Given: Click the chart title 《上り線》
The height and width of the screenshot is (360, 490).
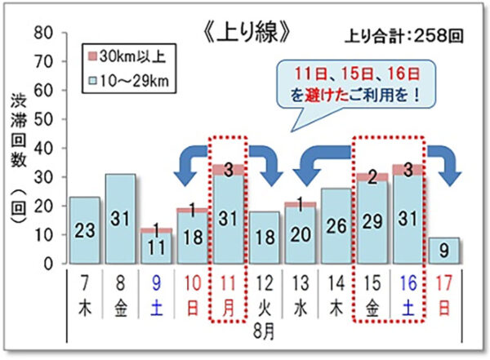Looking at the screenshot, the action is pyautogui.click(x=247, y=32).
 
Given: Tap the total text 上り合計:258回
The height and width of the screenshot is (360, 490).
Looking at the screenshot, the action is pyautogui.click(x=404, y=36).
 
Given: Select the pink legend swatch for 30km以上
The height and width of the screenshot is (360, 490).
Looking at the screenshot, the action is pyautogui.click(x=93, y=56).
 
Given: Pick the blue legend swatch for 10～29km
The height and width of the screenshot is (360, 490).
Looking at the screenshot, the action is pyautogui.click(x=93, y=81).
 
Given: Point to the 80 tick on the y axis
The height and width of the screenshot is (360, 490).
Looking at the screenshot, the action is pyautogui.click(x=43, y=33).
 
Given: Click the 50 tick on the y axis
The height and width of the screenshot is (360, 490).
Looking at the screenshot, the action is pyautogui.click(x=43, y=119).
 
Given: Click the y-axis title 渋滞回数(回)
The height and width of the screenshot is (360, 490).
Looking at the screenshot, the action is pyautogui.click(x=19, y=158).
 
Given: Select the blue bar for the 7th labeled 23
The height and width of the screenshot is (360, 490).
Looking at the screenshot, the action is pyautogui.click(x=85, y=230).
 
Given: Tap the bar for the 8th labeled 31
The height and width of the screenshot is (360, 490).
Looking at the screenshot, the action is pyautogui.click(x=120, y=219).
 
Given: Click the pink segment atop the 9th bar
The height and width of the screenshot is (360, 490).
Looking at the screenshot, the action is pyautogui.click(x=156, y=231).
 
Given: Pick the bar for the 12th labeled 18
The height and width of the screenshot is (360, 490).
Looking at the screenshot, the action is pyautogui.click(x=265, y=238).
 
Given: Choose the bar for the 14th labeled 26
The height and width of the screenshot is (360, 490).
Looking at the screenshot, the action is pyautogui.click(x=336, y=226).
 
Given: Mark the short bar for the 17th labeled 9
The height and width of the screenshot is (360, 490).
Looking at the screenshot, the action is pyautogui.click(x=444, y=251).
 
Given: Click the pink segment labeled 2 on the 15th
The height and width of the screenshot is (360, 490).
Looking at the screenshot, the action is pyautogui.click(x=372, y=177).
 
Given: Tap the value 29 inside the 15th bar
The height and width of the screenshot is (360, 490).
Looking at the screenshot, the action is pyautogui.click(x=372, y=221).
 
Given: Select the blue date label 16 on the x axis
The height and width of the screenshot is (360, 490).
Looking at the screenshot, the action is pyautogui.click(x=408, y=283).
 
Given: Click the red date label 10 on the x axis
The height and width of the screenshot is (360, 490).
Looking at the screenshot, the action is pyautogui.click(x=192, y=283).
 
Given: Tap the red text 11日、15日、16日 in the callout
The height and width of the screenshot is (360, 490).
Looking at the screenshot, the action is pyautogui.click(x=357, y=74).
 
